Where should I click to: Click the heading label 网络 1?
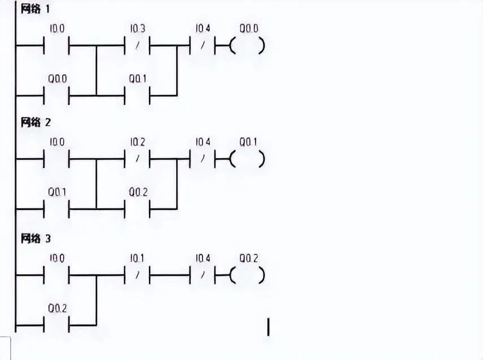36,10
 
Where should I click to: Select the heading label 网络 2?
36,121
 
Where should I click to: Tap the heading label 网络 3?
36,238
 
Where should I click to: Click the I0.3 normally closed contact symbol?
137,46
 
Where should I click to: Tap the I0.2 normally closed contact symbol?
137,160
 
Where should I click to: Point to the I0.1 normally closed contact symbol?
137,276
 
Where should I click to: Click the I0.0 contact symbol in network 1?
56,46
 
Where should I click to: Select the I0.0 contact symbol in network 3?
56,276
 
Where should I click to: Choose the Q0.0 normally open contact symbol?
56,95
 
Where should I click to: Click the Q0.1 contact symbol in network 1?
137,95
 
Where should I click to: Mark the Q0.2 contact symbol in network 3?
56,325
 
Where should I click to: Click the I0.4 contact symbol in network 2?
203,160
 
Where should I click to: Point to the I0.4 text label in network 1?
203,28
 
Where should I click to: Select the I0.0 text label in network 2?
56,142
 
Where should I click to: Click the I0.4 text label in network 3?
203,258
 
